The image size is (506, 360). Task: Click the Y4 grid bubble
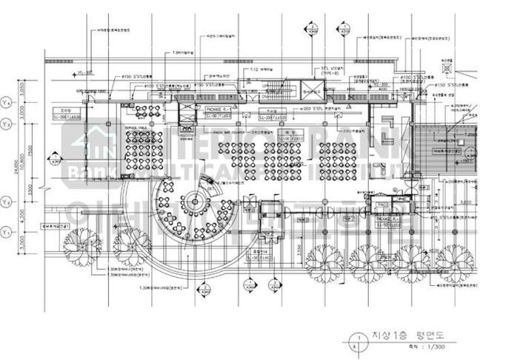coord(7,101)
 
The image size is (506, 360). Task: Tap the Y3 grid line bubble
coord(7,124)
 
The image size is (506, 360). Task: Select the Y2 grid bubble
coord(7,201)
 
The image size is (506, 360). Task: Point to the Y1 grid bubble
coord(7,233)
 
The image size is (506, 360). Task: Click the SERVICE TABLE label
coord(138,127)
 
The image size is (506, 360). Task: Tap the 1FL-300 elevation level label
coord(64,73)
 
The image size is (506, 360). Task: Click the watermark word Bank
coord(87,173)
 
